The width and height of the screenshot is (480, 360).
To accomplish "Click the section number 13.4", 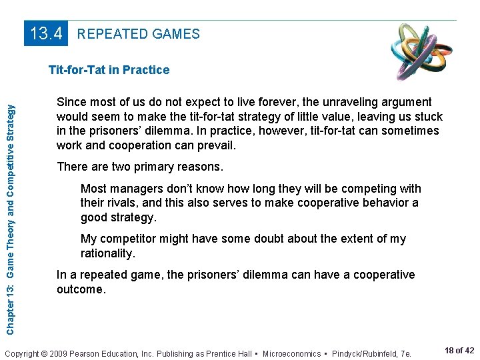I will [47, 33].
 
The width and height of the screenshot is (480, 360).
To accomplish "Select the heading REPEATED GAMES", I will [139, 34].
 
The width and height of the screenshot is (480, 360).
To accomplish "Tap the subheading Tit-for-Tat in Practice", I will [109, 70].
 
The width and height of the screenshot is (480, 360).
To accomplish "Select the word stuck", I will [427, 116].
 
